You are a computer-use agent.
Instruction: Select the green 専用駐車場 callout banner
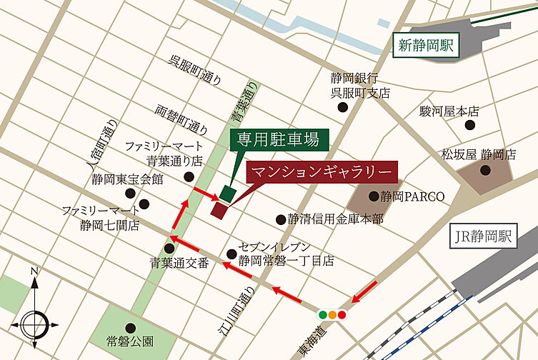tap(278, 139)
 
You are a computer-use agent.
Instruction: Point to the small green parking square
tap(227, 193)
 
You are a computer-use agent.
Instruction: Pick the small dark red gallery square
tap(219, 209)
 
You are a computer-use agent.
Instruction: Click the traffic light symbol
tap(332, 314)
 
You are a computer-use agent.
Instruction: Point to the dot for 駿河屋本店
tap(469, 125)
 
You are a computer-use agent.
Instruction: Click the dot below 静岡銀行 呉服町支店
tap(343, 107)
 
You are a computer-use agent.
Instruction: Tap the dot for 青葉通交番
tap(169, 248)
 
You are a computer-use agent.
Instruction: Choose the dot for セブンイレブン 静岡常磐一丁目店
tap(231, 254)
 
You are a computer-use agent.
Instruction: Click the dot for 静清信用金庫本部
tap(281, 219)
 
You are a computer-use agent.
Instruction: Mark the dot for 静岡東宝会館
tap(129, 193)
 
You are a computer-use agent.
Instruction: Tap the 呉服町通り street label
tap(195, 71)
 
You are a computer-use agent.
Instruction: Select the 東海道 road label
tap(312, 341)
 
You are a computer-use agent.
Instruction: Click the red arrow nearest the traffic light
tap(364, 291)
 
